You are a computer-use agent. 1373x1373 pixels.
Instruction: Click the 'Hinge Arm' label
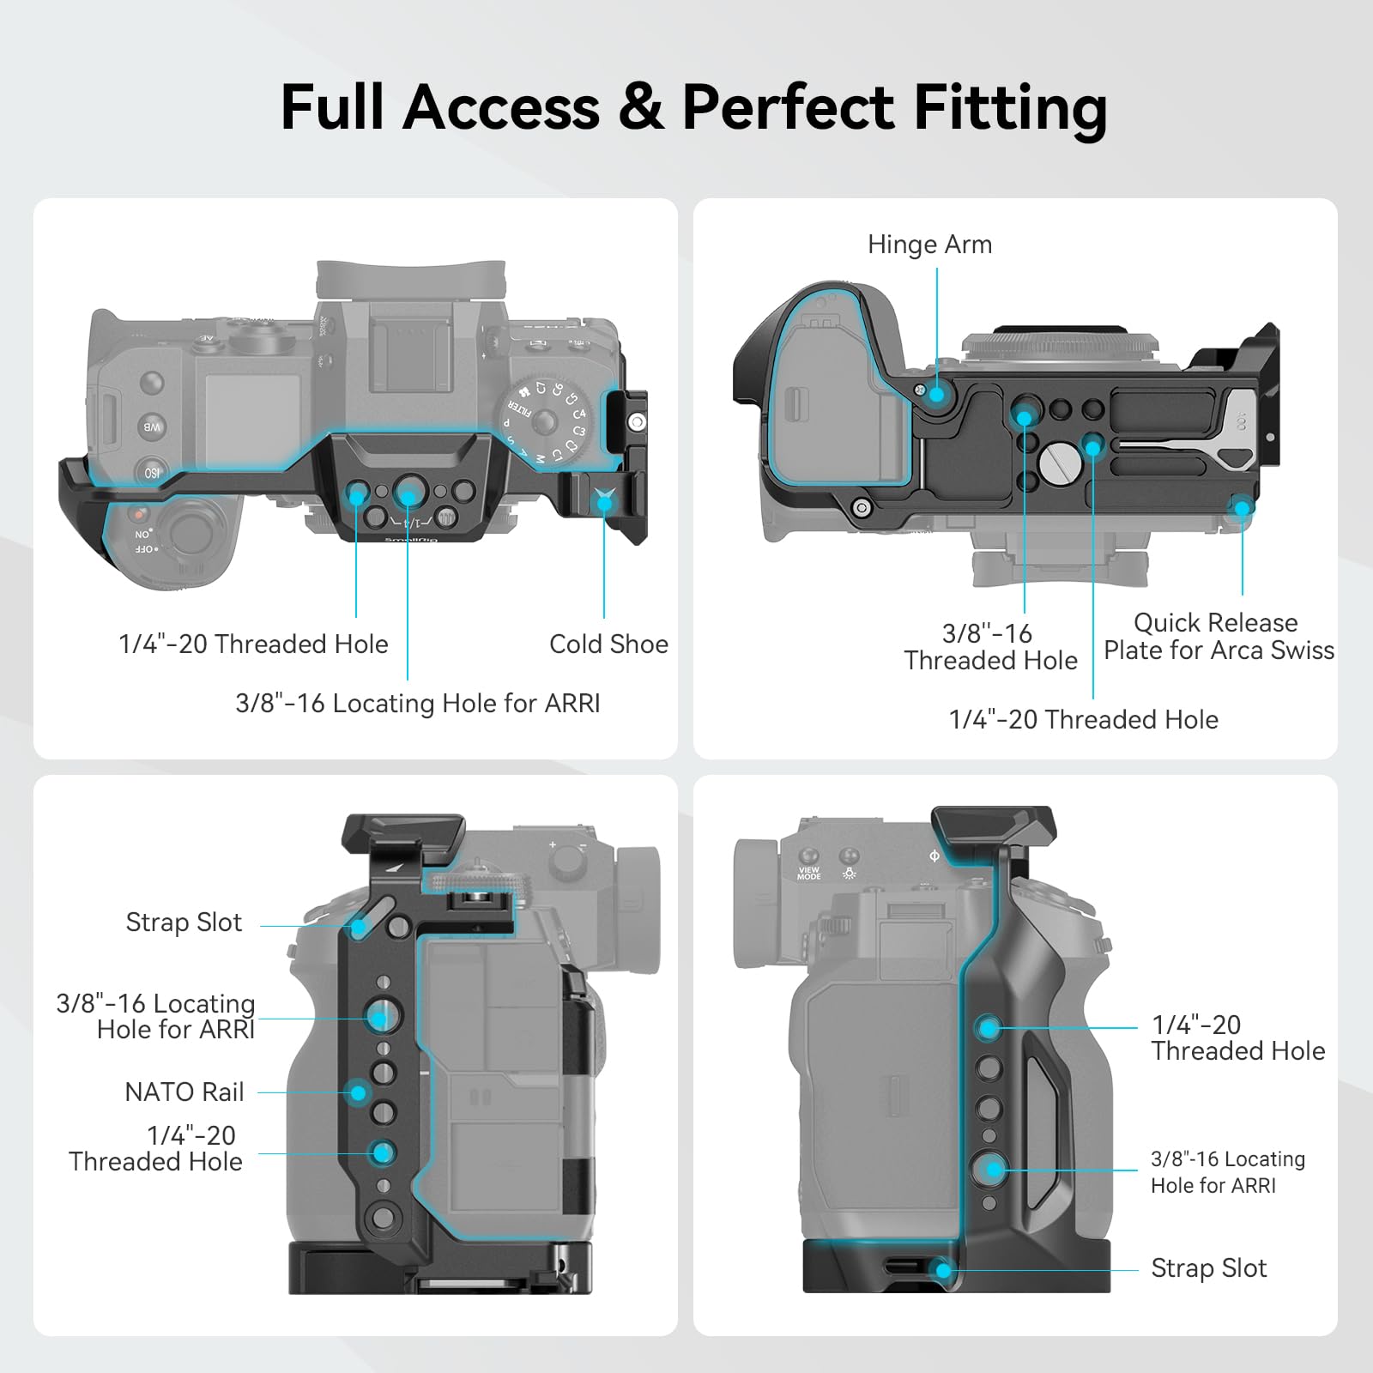(x=929, y=245)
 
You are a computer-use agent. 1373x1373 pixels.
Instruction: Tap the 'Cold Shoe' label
(x=608, y=644)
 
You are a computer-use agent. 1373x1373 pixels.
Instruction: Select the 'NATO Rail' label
(x=184, y=1092)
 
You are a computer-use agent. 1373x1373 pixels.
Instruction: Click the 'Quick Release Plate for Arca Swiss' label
(x=1219, y=636)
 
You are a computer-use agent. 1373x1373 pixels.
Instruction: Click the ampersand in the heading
(x=640, y=107)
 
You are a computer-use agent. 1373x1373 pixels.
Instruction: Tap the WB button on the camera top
(x=152, y=426)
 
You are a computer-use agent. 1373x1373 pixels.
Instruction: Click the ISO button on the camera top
(x=151, y=473)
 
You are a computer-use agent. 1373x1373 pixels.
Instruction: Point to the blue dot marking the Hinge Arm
(x=936, y=395)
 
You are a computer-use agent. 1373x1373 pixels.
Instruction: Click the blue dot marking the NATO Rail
(x=358, y=1092)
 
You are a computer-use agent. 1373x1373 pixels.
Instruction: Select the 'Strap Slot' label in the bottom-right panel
(x=1208, y=1268)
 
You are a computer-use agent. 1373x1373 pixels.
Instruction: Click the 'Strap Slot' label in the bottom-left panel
(x=184, y=922)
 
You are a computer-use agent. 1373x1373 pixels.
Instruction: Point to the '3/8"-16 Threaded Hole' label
(x=990, y=647)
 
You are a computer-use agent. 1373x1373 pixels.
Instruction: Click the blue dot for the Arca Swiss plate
(x=1242, y=508)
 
